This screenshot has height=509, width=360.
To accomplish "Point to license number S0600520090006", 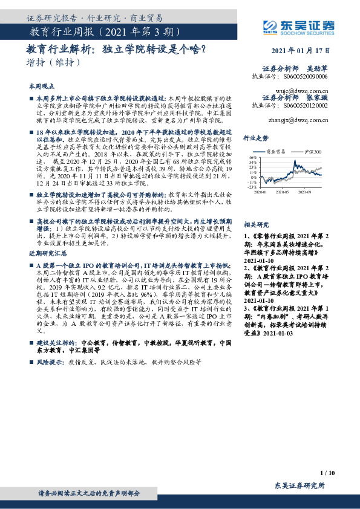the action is pyautogui.click(x=306, y=77).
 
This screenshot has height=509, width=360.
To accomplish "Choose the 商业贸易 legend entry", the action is pyautogui.click(x=278, y=151).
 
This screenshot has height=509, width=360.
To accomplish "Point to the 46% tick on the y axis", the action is pyautogui.click(x=252, y=157).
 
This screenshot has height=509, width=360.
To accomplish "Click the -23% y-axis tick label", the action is pyautogui.click(x=251, y=187).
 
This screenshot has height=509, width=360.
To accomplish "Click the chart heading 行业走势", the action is pyautogui.click(x=256, y=138).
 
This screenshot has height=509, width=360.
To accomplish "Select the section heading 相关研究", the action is pyautogui.click(x=256, y=224).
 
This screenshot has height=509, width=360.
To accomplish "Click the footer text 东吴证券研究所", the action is pyautogui.click(x=300, y=485).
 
